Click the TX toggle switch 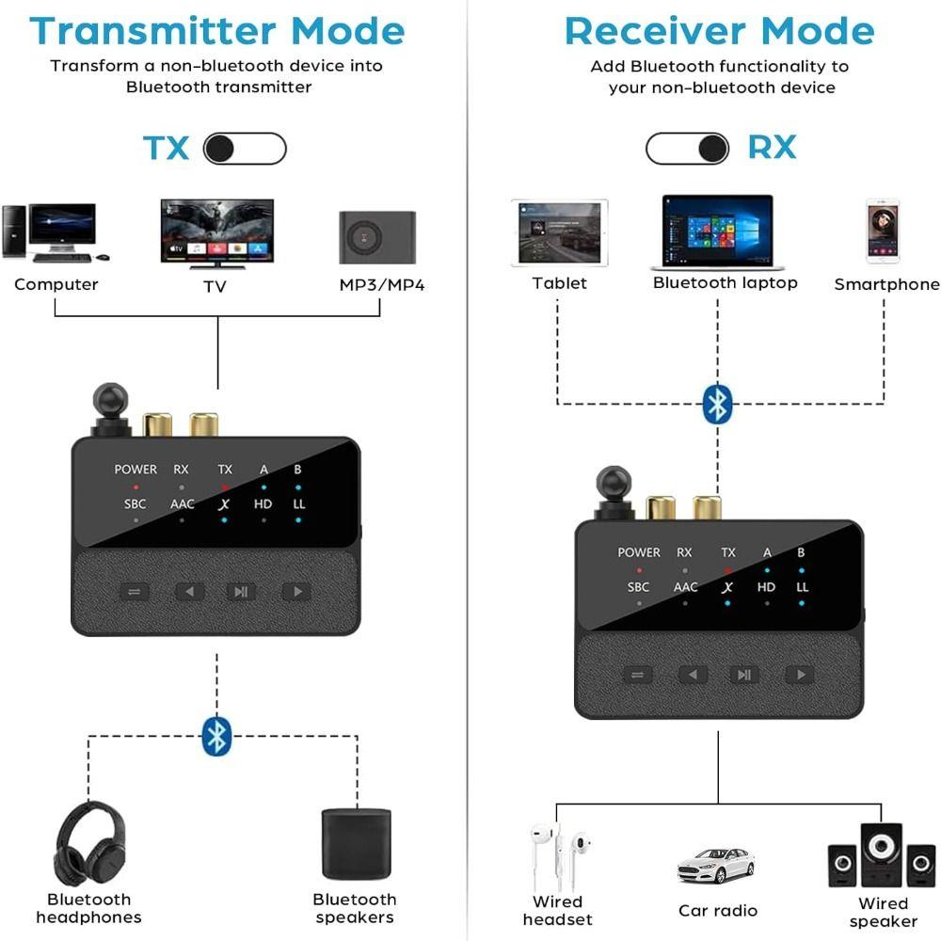pyautogui.click(x=245, y=149)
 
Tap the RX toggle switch pyautogui.click(x=687, y=148)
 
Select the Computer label pyautogui.click(x=56, y=284)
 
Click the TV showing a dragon pyautogui.click(x=217, y=232)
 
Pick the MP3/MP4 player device pyautogui.click(x=377, y=237)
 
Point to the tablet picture pyautogui.click(x=559, y=231)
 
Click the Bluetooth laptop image pyautogui.click(x=717, y=232)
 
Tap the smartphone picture pyautogui.click(x=883, y=231)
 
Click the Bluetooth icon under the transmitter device pyautogui.click(x=216, y=736)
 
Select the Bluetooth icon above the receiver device pyautogui.click(x=717, y=405)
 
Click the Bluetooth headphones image pyautogui.click(x=89, y=843)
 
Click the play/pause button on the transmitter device pyautogui.click(x=241, y=592)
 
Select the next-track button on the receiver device pyautogui.click(x=800, y=675)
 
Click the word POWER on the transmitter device pyautogui.click(x=136, y=470)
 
